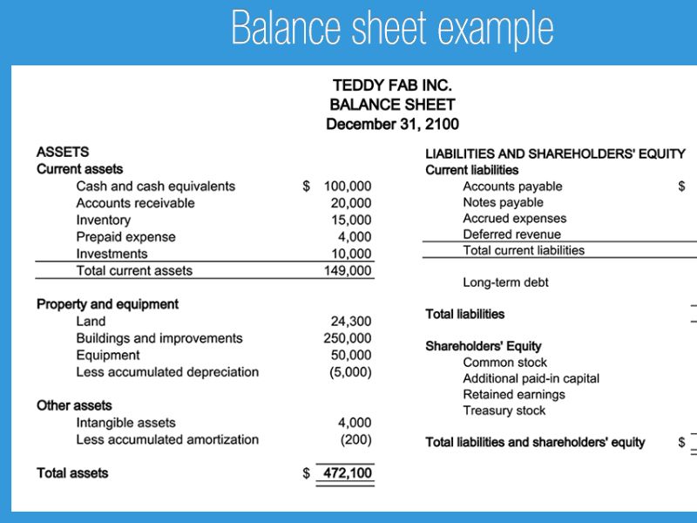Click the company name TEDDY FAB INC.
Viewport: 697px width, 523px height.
pyautogui.click(x=392, y=85)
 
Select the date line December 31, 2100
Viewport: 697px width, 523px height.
pyautogui.click(x=392, y=124)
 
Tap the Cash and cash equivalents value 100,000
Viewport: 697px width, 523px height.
pyautogui.click(x=348, y=186)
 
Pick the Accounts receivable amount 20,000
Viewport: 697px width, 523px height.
pyautogui.click(x=351, y=203)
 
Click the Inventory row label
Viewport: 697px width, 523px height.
pyautogui.click(x=103, y=221)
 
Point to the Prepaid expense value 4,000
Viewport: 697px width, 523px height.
pyautogui.click(x=355, y=237)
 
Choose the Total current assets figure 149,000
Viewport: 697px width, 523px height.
pyautogui.click(x=348, y=270)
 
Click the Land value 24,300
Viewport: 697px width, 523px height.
pyautogui.click(x=351, y=322)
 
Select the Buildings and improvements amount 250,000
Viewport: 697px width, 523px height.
pyautogui.click(x=348, y=338)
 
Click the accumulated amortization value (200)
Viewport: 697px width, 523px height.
pyautogui.click(x=355, y=439)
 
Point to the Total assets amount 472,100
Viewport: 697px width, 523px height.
pyautogui.click(x=348, y=473)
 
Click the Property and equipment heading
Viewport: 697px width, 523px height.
pyautogui.click(x=107, y=304)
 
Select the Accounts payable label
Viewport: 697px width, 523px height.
pyautogui.click(x=512, y=187)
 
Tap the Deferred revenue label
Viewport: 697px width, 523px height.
pyautogui.click(x=511, y=234)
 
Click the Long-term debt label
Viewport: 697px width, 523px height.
pyautogui.click(x=505, y=282)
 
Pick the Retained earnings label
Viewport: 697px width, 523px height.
pyautogui.click(x=513, y=395)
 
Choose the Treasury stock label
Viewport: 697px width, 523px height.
pyautogui.click(x=504, y=411)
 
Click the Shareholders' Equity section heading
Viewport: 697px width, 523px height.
pyautogui.click(x=483, y=346)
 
